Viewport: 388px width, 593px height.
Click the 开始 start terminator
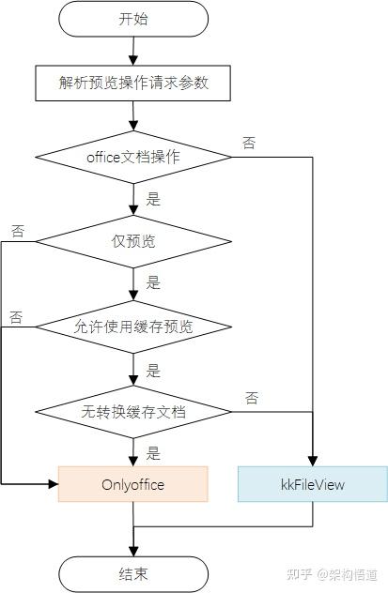[x=133, y=19]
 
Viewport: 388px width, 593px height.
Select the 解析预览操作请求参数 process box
[x=133, y=83]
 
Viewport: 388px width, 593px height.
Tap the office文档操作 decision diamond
[x=133, y=157]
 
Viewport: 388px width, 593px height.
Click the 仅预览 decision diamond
[x=133, y=241]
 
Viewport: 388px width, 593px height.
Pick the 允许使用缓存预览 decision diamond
[x=133, y=327]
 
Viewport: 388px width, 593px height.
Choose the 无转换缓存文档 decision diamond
[x=133, y=411]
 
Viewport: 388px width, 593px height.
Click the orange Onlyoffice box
[x=132, y=484]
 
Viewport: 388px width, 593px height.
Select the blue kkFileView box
[x=312, y=484]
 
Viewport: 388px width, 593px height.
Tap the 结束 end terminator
[x=133, y=573]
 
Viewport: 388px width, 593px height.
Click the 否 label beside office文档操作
[x=249, y=143]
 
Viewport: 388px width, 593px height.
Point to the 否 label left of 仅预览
[x=17, y=230]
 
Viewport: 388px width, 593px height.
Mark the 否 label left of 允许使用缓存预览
[x=17, y=316]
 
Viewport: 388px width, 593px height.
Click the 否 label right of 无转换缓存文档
[x=252, y=398]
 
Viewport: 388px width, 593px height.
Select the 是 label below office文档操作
[x=153, y=198]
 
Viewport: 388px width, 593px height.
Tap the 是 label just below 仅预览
[x=153, y=282]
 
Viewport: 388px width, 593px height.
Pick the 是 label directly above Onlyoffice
[x=153, y=452]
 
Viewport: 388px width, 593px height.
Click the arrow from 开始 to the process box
[x=133, y=52]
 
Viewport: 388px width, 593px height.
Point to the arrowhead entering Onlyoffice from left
[x=53, y=484]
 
